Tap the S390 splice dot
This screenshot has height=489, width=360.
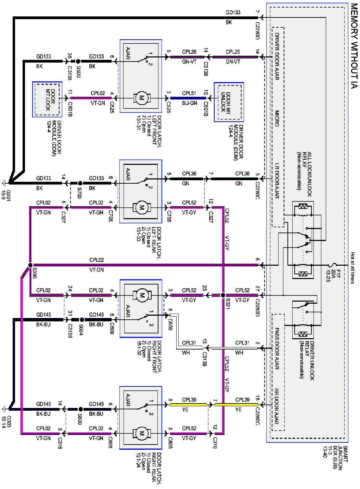pos(30,265)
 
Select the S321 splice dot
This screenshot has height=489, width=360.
pos(223,295)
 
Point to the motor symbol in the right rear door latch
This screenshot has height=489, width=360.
pos(141,434)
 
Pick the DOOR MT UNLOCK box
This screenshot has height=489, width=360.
pos(229,102)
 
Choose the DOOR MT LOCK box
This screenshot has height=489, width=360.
pos(48,99)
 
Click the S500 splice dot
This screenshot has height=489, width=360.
pos(78,61)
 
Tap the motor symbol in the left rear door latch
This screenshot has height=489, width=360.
pos(141,207)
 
